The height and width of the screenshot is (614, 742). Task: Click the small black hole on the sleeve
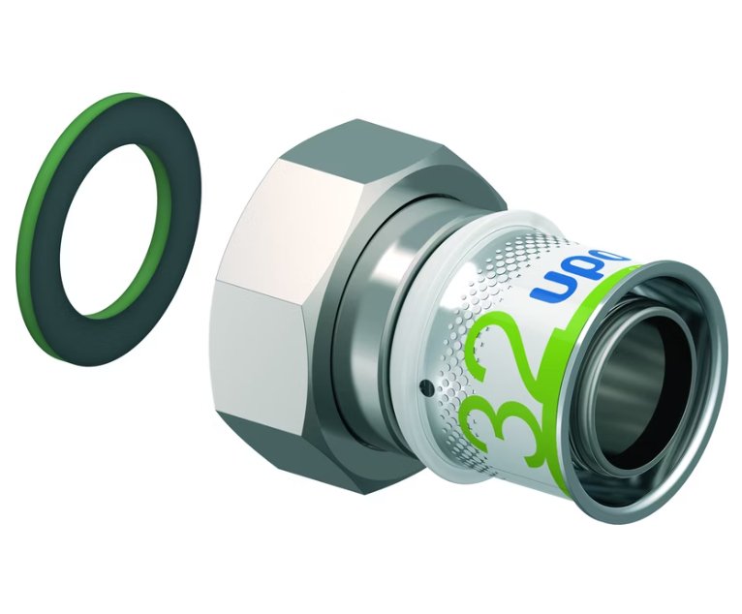click(x=423, y=390)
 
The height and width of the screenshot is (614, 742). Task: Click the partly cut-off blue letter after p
click(x=618, y=261)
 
